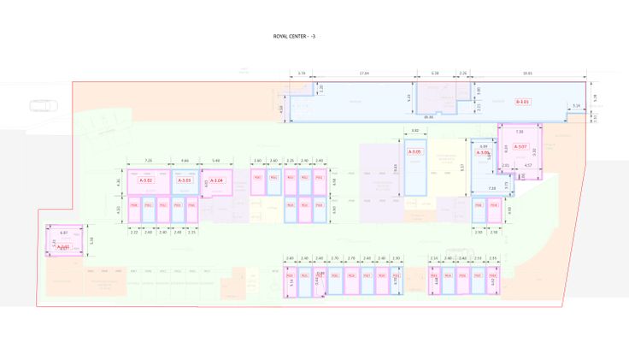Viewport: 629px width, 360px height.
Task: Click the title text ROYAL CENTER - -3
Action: (294, 37)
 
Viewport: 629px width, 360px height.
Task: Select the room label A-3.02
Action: (145, 180)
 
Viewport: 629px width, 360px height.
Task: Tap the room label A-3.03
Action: (185, 180)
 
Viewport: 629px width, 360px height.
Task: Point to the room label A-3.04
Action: (217, 180)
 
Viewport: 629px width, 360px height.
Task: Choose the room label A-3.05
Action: (415, 152)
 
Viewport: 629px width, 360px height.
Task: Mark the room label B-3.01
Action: (522, 102)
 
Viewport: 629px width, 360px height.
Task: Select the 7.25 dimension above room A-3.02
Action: (148, 161)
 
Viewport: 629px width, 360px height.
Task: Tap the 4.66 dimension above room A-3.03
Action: (185, 161)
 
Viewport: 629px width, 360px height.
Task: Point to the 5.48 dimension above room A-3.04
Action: (216, 161)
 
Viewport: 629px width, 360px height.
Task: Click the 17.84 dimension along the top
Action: (365, 74)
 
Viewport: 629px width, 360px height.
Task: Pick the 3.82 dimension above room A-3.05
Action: (415, 130)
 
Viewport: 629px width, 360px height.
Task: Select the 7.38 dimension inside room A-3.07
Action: (519, 132)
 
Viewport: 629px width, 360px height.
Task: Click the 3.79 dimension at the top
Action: (302, 74)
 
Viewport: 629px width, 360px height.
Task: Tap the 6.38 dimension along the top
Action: (435, 74)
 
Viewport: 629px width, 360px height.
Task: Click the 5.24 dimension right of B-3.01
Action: (576, 106)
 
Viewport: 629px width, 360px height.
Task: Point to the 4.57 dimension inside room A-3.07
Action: (528, 165)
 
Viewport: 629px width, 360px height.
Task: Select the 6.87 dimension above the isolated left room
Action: (63, 232)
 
